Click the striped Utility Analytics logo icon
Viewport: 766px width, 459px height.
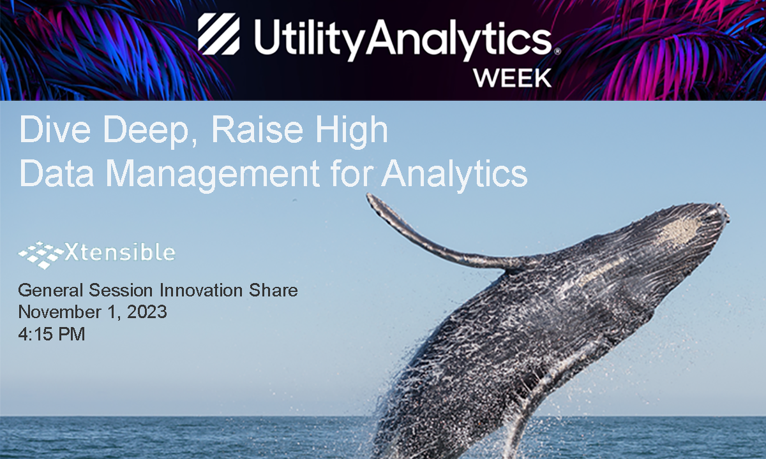pos(218,34)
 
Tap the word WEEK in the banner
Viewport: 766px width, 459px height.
pos(512,78)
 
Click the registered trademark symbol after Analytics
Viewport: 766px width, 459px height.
pos(557,51)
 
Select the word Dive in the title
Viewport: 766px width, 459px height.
pos(55,129)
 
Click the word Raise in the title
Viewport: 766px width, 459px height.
pos(257,129)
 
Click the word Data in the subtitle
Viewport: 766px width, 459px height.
pos(57,173)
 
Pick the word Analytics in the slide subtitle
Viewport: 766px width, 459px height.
pos(454,175)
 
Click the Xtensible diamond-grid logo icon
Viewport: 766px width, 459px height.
pos(41,255)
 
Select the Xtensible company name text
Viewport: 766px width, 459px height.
pos(120,252)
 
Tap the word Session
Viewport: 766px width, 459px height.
pos(121,290)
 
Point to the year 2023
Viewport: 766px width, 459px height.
pos(147,312)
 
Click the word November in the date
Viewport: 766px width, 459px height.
pos(60,312)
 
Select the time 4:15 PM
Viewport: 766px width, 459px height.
pos(52,333)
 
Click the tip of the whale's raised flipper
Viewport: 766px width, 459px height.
pos(369,196)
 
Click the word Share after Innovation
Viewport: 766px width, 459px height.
pos(273,290)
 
